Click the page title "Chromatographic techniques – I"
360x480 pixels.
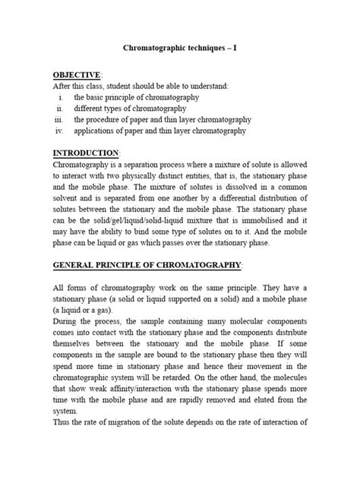tap(180, 48)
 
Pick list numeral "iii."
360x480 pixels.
tap(60, 120)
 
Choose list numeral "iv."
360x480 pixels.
tap(60, 131)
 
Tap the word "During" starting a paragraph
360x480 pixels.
tap(67, 323)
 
